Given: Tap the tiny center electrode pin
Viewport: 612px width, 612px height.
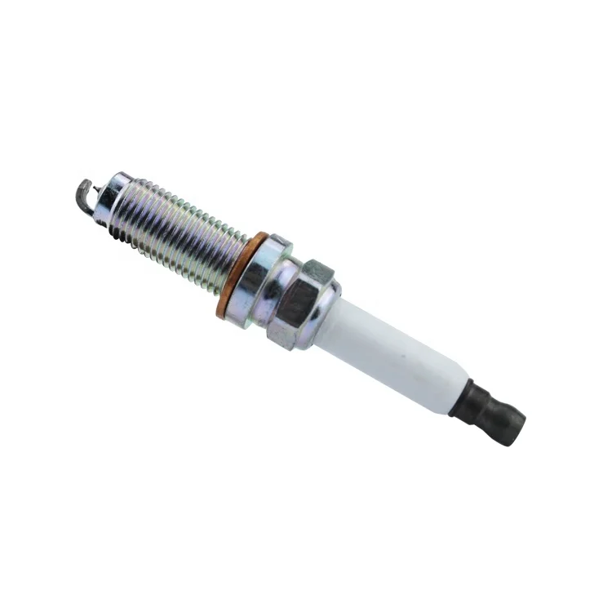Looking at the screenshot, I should (97, 192).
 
